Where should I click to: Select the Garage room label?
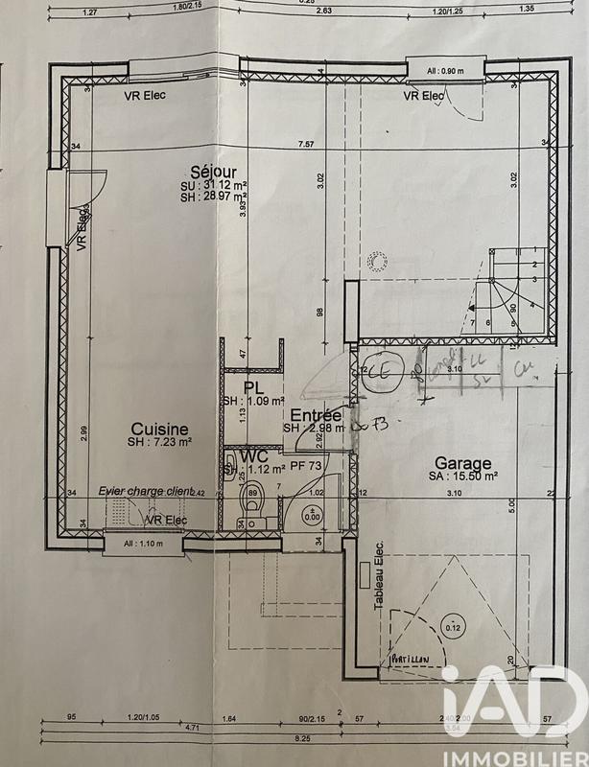pyautogui.click(x=463, y=461)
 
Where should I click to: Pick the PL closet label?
pyautogui.click(x=250, y=386)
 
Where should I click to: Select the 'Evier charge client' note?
pyautogui.click(x=145, y=491)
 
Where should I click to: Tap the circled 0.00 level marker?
pyautogui.click(x=312, y=513)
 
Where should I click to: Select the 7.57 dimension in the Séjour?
pyautogui.click(x=306, y=144)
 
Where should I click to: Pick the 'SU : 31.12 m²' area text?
pyautogui.click(x=212, y=184)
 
